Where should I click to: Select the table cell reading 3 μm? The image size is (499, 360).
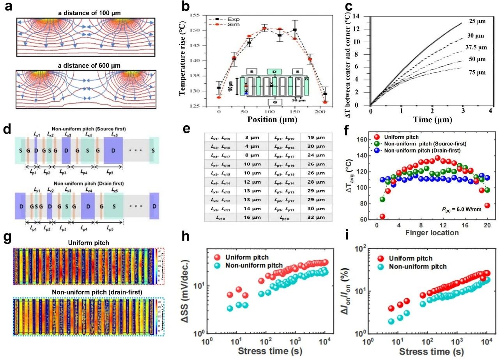252,137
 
